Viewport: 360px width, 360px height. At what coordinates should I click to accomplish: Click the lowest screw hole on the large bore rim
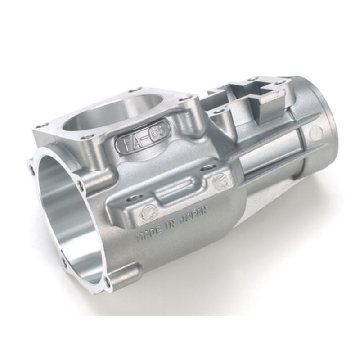click(107, 281)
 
